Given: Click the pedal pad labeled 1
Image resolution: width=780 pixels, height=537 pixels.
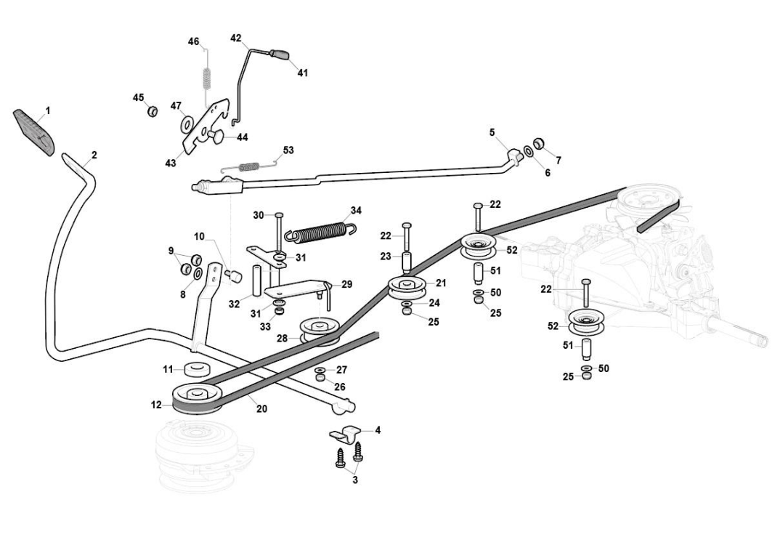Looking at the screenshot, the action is pyautogui.click(x=34, y=132).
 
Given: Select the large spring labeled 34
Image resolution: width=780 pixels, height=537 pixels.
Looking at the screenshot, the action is pyautogui.click(x=320, y=230).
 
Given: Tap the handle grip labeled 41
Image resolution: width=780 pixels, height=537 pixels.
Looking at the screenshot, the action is pyautogui.click(x=282, y=54).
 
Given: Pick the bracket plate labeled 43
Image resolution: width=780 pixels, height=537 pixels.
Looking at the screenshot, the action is pyautogui.click(x=205, y=127).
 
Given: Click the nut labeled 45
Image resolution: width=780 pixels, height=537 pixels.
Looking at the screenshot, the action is pyautogui.click(x=153, y=110).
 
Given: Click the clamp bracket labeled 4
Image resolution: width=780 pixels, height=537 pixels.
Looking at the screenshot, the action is pyautogui.click(x=345, y=434).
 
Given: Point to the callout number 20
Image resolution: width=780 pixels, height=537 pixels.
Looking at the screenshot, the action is pyautogui.click(x=261, y=408).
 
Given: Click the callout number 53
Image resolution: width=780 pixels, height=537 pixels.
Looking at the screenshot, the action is pyautogui.click(x=288, y=150).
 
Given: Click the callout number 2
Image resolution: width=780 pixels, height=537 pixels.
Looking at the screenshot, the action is pyautogui.click(x=94, y=155).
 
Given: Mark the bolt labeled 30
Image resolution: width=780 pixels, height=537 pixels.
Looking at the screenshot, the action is pyautogui.click(x=279, y=233).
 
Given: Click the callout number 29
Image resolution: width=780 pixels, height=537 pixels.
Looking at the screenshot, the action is pyautogui.click(x=346, y=284).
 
